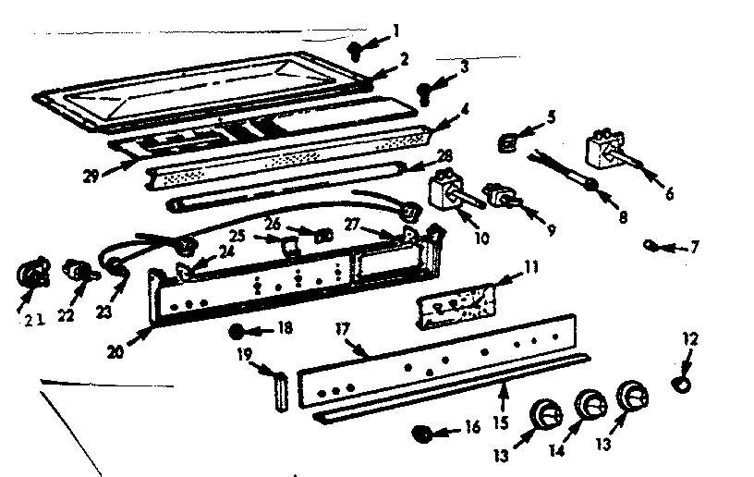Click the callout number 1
click(x=395, y=31)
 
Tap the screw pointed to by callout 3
click(x=426, y=91)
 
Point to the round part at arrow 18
click(x=239, y=330)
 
